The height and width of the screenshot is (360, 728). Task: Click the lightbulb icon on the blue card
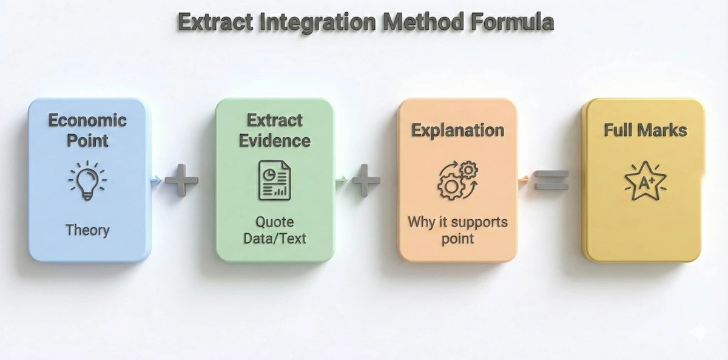click(87, 180)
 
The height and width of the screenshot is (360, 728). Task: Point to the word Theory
click(87, 230)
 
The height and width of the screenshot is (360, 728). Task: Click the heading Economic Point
click(87, 130)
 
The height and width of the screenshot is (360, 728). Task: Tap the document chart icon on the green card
click(275, 180)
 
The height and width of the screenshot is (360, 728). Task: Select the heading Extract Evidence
click(275, 130)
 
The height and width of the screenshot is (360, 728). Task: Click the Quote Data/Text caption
click(275, 229)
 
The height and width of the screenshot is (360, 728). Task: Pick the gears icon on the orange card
click(457, 180)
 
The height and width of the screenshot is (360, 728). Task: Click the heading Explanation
click(457, 130)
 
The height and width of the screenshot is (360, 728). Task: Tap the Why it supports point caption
click(457, 229)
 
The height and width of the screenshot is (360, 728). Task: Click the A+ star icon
click(645, 180)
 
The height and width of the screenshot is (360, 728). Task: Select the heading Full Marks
click(645, 130)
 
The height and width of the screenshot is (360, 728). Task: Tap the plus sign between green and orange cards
click(366, 180)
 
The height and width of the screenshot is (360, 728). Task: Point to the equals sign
click(551, 180)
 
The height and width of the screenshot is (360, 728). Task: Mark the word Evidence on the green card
click(275, 140)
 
